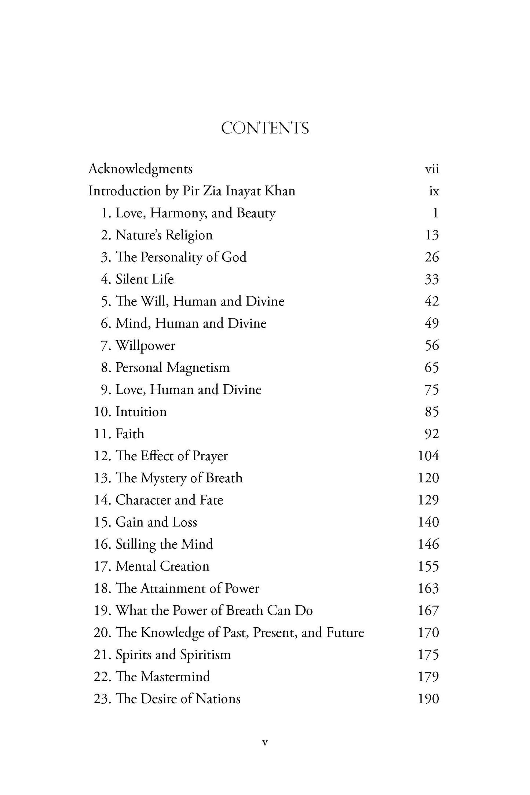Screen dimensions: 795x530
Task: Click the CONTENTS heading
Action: tap(265, 128)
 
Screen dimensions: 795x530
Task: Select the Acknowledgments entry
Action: tap(140, 169)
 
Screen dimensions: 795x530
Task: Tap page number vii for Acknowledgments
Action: tap(432, 169)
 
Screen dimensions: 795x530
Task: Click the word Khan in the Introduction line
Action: tap(281, 191)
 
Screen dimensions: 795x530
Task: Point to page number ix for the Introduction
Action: tap(434, 191)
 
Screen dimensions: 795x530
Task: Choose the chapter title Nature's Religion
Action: tap(164, 235)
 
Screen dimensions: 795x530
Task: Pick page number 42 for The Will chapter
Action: tap(431, 301)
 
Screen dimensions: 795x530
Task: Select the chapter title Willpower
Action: tap(145, 346)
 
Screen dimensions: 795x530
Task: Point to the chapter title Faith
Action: tap(130, 434)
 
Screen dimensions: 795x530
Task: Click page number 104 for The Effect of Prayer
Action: tap(428, 456)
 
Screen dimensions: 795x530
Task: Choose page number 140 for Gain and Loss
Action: tap(428, 522)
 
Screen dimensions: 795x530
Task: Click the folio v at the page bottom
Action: tap(265, 743)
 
